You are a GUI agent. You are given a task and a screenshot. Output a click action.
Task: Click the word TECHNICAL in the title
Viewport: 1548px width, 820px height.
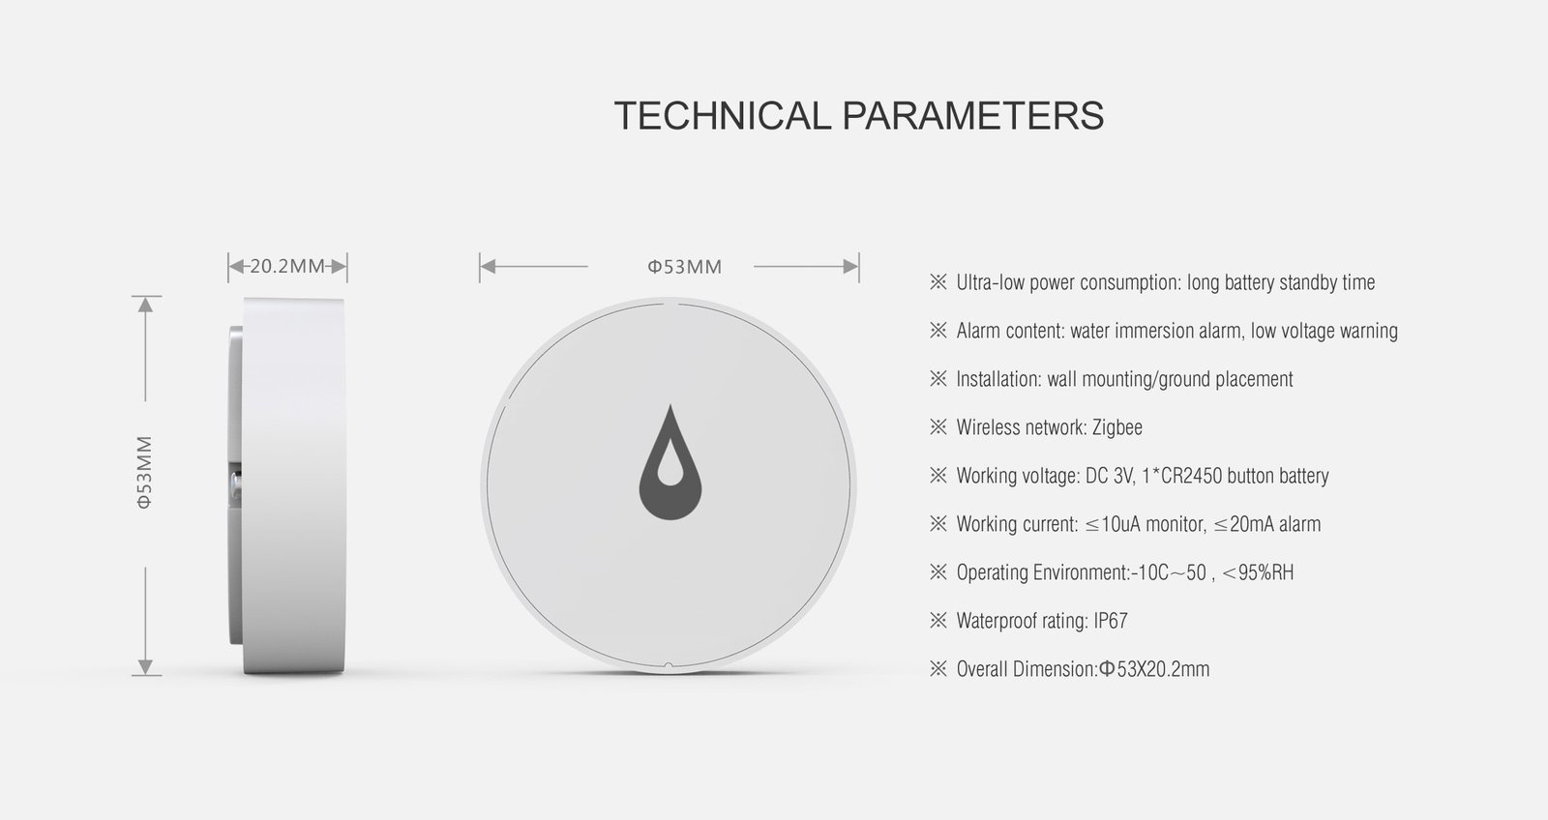click(x=722, y=116)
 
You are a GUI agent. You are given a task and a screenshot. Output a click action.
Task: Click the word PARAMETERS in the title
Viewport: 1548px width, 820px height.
click(x=972, y=116)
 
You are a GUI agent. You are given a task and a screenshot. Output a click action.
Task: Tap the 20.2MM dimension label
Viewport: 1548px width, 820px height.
click(x=286, y=266)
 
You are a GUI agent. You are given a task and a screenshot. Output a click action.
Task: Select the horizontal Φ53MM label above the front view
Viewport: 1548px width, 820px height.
click(x=685, y=267)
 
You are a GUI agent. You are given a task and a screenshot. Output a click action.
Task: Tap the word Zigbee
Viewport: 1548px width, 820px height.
click(x=1116, y=427)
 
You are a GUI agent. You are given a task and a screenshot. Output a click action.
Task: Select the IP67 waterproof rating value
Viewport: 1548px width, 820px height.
click(x=1111, y=621)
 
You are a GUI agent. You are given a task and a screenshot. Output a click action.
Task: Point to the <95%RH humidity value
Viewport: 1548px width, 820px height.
click(x=1258, y=572)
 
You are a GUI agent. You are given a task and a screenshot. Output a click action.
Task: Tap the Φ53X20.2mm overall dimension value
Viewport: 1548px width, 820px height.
click(x=1154, y=669)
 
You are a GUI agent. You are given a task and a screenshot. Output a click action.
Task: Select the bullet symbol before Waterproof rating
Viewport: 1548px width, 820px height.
click(x=938, y=621)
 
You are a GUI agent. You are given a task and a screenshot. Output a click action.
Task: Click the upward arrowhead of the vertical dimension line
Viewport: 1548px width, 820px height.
click(x=145, y=305)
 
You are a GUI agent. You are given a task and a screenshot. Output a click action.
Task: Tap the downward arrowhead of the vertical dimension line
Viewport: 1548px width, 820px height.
click(x=145, y=667)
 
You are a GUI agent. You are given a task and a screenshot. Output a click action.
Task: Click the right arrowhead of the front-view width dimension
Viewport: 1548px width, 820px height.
click(x=851, y=266)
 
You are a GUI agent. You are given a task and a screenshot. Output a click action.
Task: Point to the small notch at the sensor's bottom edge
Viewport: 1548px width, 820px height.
click(x=668, y=665)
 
